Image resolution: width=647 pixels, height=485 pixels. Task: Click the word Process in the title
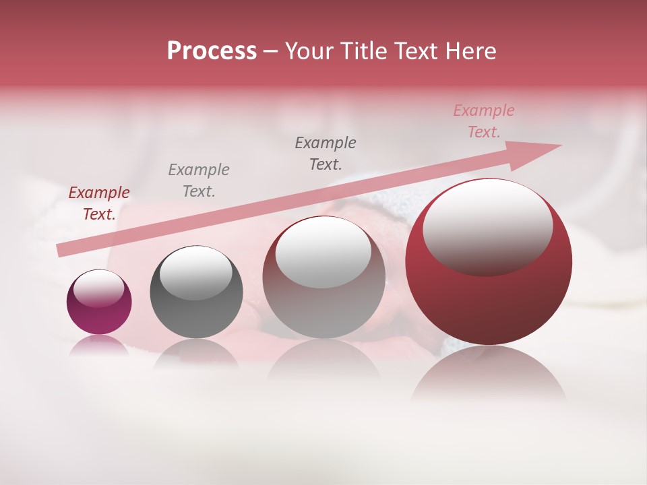pos(212,51)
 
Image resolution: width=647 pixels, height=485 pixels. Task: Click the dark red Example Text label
pos(99,203)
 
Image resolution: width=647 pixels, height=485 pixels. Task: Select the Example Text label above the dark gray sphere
pos(199,181)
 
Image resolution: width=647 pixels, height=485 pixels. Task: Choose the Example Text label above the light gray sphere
pos(326,154)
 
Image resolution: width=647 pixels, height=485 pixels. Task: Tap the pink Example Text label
pos(484,121)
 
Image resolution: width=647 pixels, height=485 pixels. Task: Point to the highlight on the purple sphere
pos(98,288)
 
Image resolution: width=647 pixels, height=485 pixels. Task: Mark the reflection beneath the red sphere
pos(489,374)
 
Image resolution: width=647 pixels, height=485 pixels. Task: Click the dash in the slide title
pos(270,51)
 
